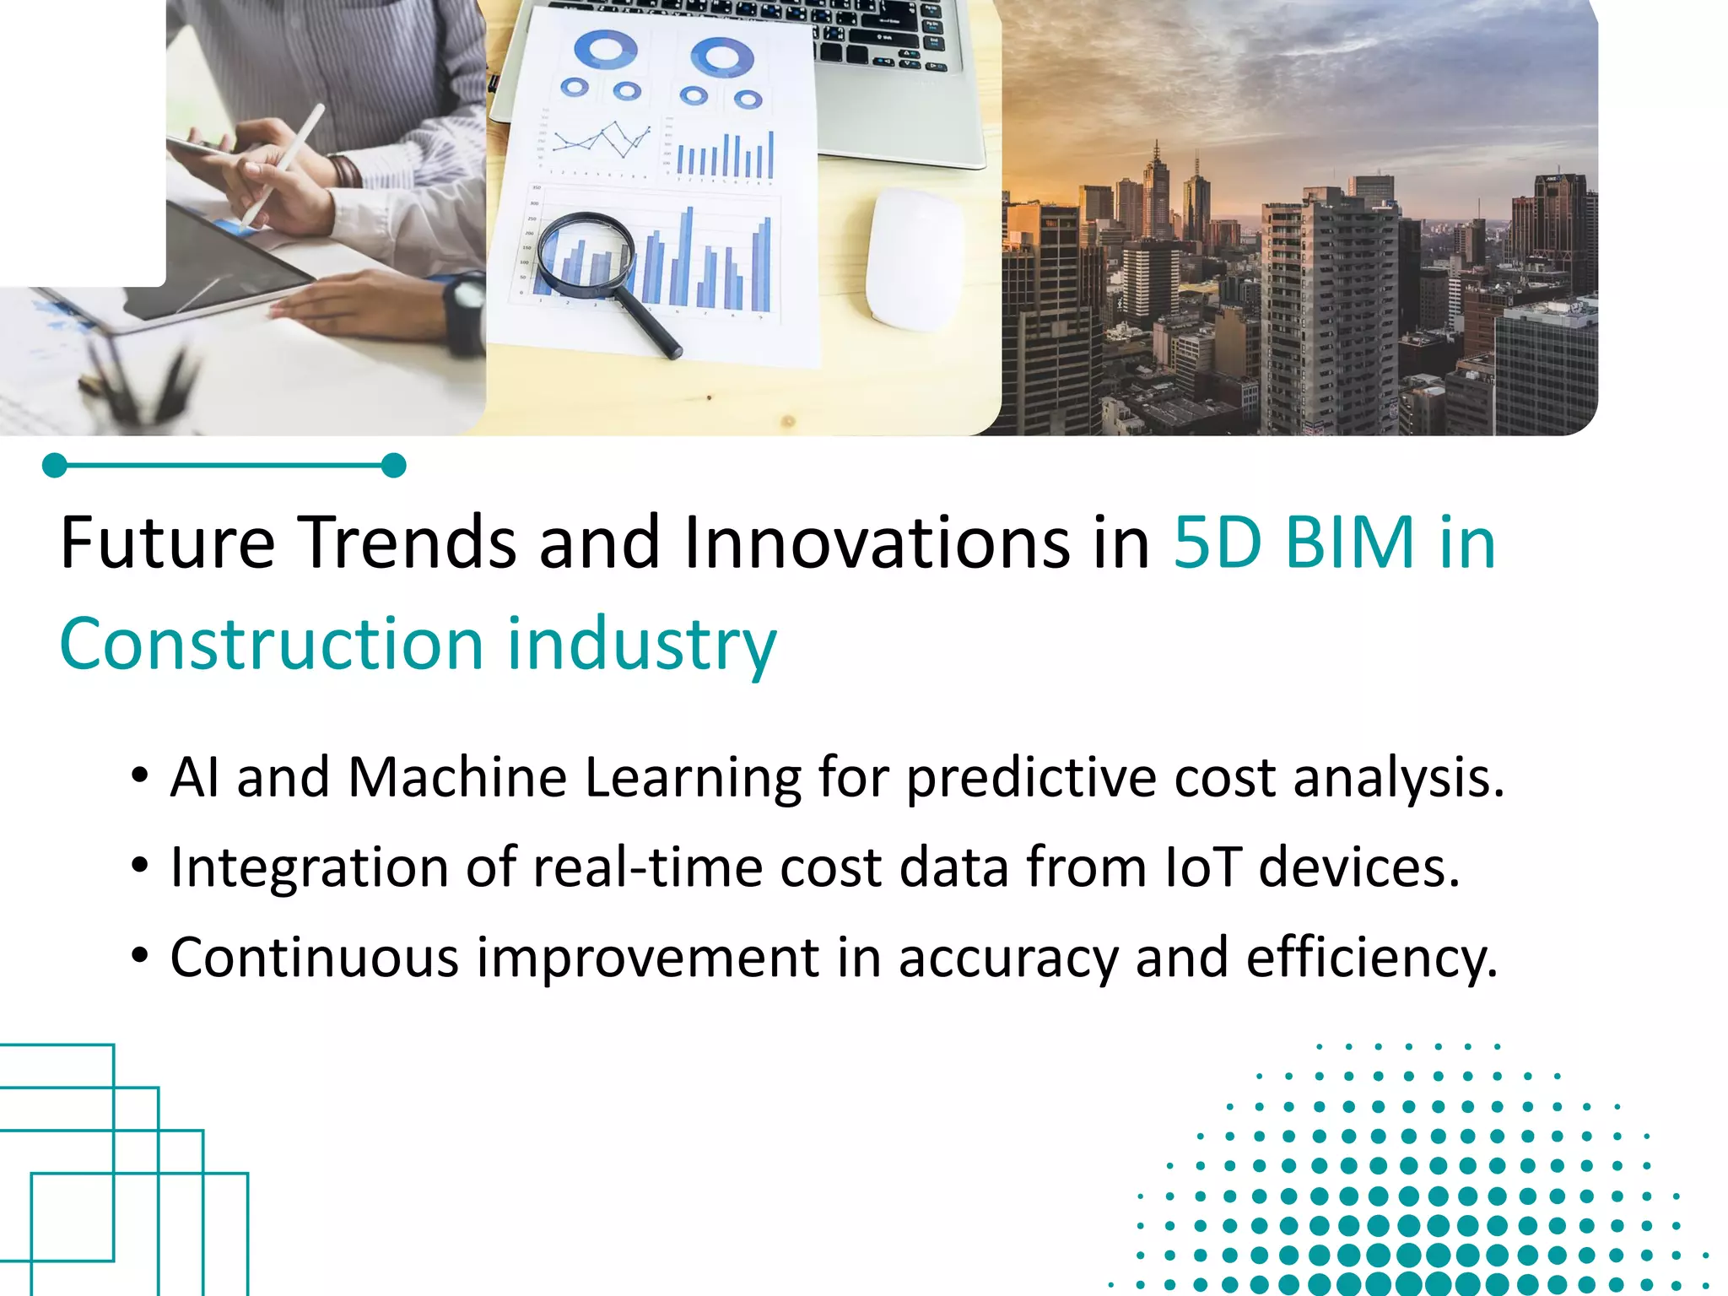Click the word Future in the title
(167, 543)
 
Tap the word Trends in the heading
(408, 543)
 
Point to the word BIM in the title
(1348, 543)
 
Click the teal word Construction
(271, 645)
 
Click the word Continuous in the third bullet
(314, 958)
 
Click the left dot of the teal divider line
(55, 466)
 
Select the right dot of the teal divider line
(393, 466)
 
